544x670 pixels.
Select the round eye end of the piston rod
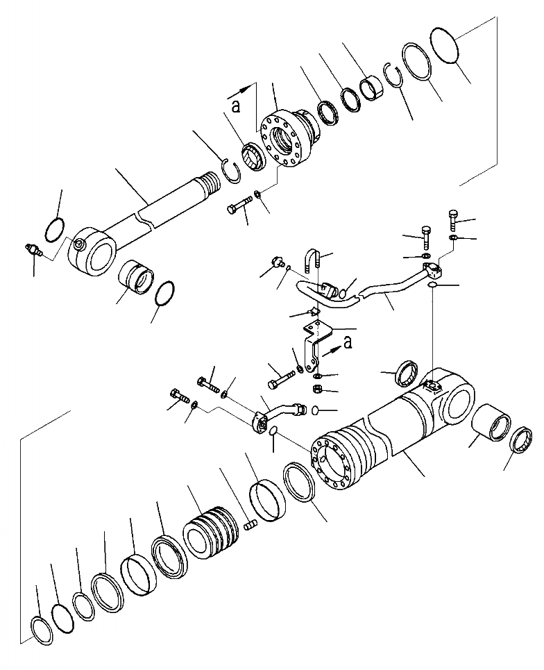94,249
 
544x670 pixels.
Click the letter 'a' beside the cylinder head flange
236,106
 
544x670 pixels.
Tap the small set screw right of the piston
250,526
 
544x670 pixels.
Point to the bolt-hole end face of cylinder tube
332,462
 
